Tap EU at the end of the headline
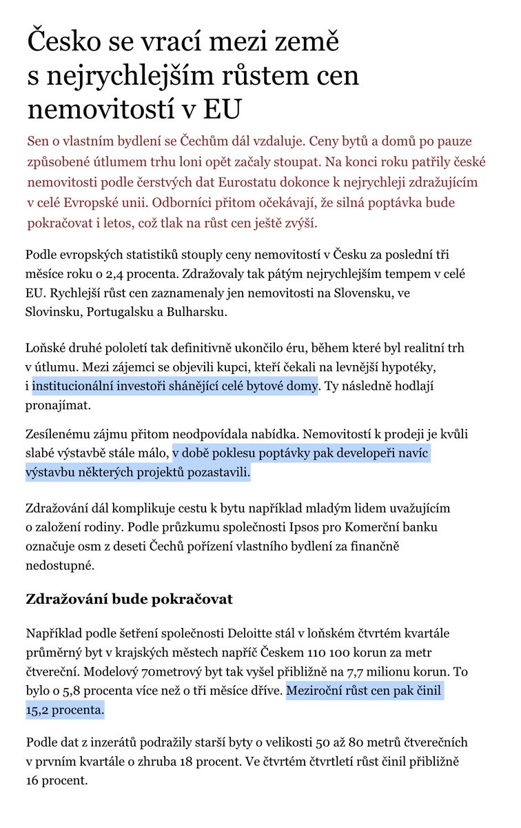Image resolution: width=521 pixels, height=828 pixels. tap(223, 109)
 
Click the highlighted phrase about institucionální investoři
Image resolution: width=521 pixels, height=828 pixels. tap(175, 386)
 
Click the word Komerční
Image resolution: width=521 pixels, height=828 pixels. tap(376, 528)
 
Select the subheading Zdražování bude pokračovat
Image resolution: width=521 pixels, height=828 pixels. tap(130, 598)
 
